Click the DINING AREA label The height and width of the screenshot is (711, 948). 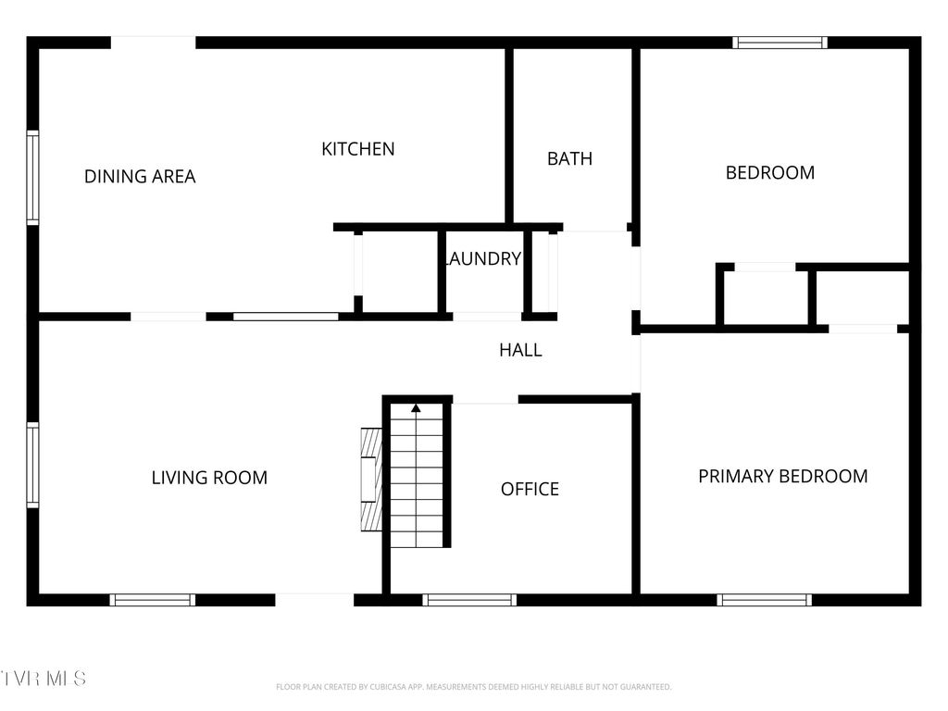tap(140, 176)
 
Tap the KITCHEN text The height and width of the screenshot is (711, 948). tap(357, 149)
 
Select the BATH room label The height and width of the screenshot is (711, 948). tap(569, 158)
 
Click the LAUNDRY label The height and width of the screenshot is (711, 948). tap(483, 259)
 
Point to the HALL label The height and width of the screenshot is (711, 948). tap(520, 350)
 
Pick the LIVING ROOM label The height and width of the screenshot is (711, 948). tap(209, 478)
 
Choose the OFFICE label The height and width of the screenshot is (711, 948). tap(530, 489)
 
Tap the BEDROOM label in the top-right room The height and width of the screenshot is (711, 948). tap(769, 172)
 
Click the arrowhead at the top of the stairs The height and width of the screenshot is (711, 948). tap(416, 407)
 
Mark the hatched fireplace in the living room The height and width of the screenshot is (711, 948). tap(371, 479)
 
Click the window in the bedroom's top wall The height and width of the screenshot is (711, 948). tap(780, 43)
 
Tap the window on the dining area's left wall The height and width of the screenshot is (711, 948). tap(33, 177)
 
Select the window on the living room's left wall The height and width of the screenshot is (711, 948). tap(33, 465)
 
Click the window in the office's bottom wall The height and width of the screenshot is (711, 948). tap(469, 600)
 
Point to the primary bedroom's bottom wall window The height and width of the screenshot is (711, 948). tap(764, 600)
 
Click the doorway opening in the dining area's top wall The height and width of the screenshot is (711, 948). tap(153, 43)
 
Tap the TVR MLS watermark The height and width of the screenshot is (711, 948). tap(44, 679)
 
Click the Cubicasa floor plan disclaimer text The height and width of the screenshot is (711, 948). tap(473, 687)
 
